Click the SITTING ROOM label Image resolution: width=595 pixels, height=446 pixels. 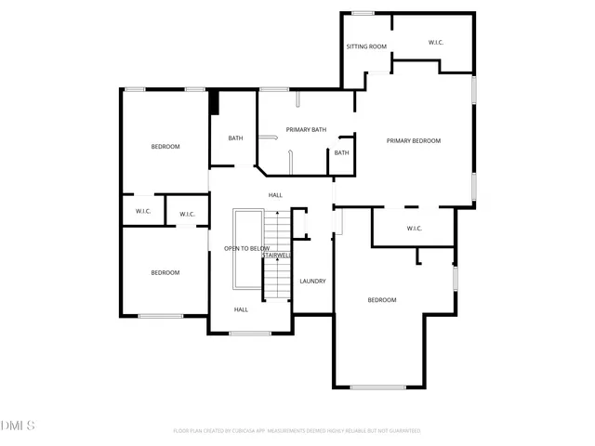pos(366,46)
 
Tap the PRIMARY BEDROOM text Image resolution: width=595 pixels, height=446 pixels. pos(414,141)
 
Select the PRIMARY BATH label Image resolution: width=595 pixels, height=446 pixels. pos(305,130)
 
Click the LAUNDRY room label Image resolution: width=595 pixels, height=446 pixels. pos(311,281)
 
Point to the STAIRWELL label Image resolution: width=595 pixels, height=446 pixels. pos(277,255)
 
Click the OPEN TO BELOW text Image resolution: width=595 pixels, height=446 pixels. pos(246,249)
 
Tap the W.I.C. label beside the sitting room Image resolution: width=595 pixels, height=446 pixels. pos(436,43)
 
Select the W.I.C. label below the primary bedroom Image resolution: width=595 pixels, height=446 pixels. pos(415,229)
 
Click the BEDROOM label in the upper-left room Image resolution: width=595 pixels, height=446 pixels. pos(165,147)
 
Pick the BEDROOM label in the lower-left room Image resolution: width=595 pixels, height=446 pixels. pos(165,272)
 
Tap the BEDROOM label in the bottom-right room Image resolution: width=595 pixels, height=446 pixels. pos(382,300)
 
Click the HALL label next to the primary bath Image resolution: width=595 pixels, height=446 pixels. pos(275,195)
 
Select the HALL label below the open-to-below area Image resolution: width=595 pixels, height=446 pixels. pos(241,309)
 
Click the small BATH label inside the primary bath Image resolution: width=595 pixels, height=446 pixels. pos(342,153)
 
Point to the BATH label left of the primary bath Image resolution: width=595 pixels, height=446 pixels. pos(236,138)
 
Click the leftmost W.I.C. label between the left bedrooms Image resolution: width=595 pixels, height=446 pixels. pos(143,212)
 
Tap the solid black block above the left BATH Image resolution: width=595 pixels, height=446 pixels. pos(214,102)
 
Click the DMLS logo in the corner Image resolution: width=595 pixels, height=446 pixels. pos(18,426)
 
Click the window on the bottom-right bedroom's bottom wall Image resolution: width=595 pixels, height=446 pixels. pos(378,387)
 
